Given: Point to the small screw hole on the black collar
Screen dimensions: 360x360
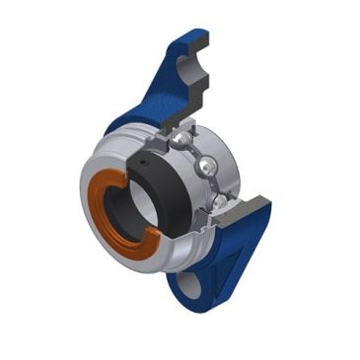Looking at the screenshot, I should click(145, 163).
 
